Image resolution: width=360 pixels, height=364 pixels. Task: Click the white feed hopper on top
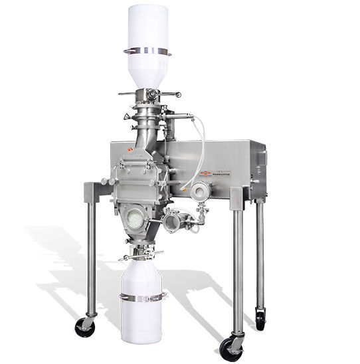[x=149, y=30]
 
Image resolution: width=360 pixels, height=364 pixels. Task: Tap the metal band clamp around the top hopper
[x=148, y=50]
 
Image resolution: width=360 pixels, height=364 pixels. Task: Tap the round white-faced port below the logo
[x=198, y=191]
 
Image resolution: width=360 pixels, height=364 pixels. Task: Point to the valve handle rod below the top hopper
[x=149, y=95]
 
